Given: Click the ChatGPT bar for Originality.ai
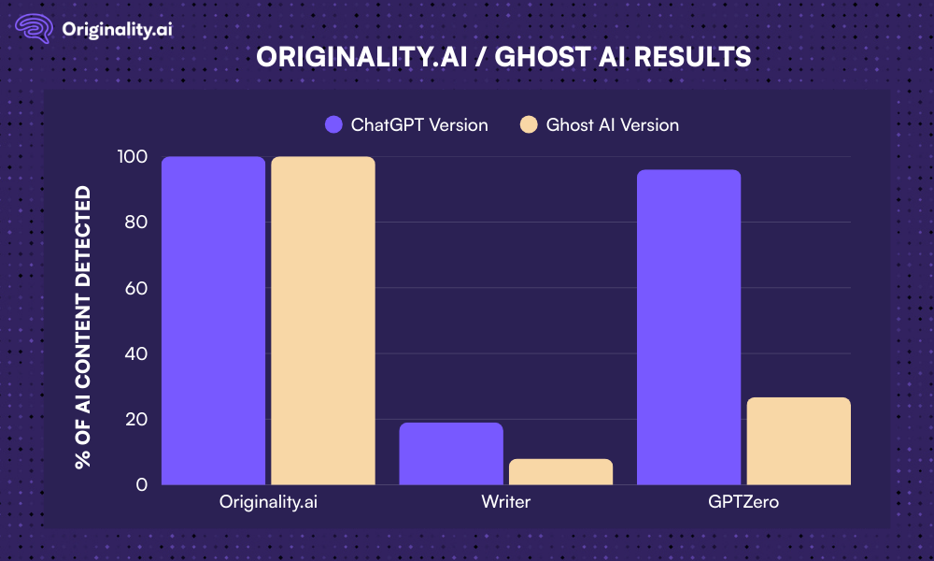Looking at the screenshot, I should click(x=213, y=321).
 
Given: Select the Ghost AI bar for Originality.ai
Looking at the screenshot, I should click(x=322, y=321).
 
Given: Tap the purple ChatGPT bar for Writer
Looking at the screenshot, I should click(x=451, y=454).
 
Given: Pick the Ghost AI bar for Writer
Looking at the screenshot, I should click(x=560, y=472).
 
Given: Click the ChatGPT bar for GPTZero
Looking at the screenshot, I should click(x=688, y=327).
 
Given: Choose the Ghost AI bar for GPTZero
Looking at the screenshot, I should click(x=798, y=441).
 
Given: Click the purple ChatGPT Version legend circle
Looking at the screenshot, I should click(x=333, y=124).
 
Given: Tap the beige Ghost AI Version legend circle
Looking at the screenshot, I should click(x=529, y=124).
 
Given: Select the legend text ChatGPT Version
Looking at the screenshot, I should click(x=419, y=124).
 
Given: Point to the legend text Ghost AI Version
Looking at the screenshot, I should click(x=613, y=124).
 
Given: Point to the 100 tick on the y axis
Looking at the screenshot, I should click(x=133, y=157).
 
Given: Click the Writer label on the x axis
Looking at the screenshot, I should click(x=506, y=502).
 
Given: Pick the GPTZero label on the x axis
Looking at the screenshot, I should click(x=743, y=502).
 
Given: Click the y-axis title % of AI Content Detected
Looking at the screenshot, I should click(x=84, y=327).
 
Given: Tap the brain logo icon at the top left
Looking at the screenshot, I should click(x=35, y=28).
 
